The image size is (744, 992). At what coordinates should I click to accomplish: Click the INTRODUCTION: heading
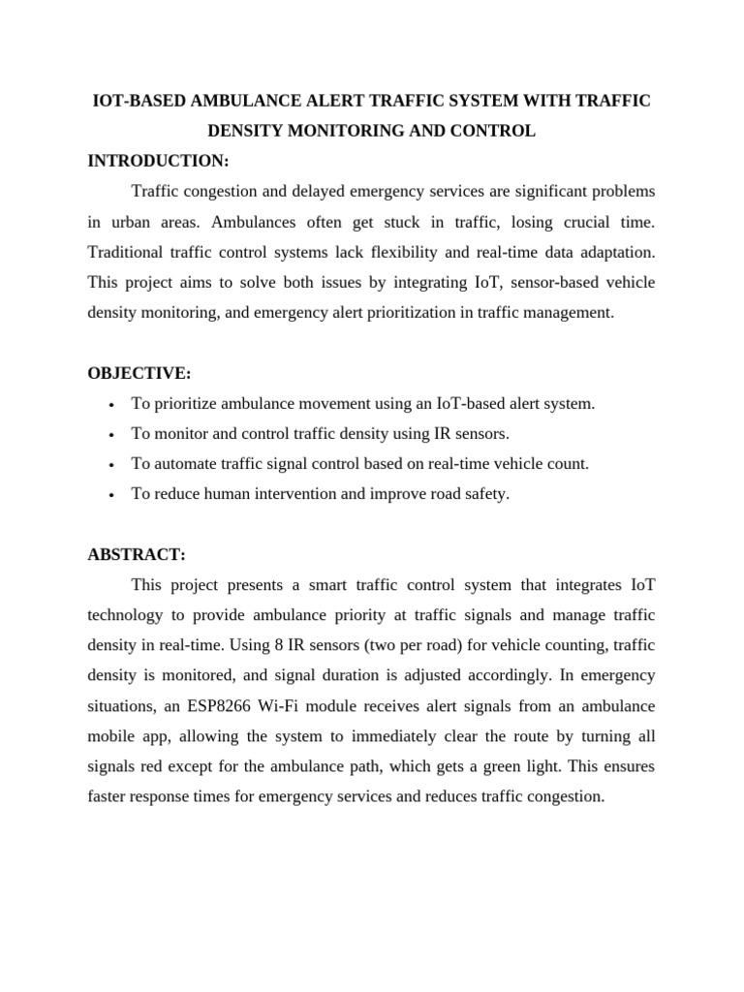158,161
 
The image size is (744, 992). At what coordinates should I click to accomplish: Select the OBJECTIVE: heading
139,373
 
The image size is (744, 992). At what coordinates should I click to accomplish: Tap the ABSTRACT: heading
136,554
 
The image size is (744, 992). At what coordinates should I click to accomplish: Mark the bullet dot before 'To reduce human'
113,495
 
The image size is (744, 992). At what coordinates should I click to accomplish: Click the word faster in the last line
109,797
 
